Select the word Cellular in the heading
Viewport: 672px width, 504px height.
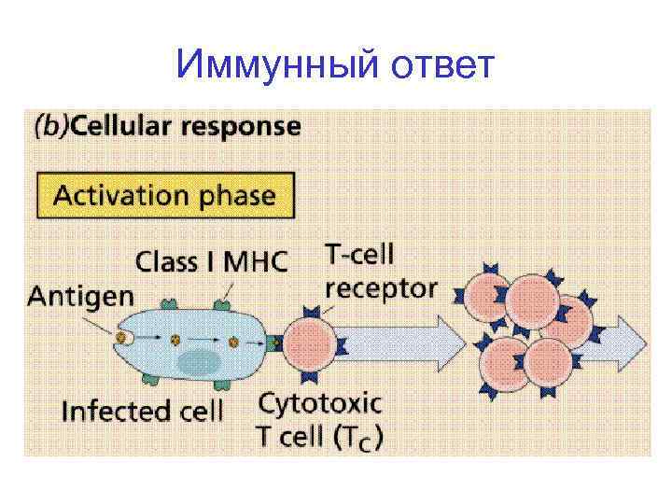click(x=122, y=126)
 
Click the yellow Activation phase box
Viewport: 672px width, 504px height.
click(x=165, y=196)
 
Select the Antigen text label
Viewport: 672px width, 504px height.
click(x=80, y=297)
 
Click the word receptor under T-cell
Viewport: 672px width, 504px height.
click(x=380, y=288)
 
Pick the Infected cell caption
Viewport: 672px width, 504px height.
click(x=142, y=411)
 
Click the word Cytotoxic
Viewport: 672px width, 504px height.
click(x=319, y=403)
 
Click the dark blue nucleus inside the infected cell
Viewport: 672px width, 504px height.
click(x=197, y=362)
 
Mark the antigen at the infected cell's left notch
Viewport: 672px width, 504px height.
click(x=122, y=336)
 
